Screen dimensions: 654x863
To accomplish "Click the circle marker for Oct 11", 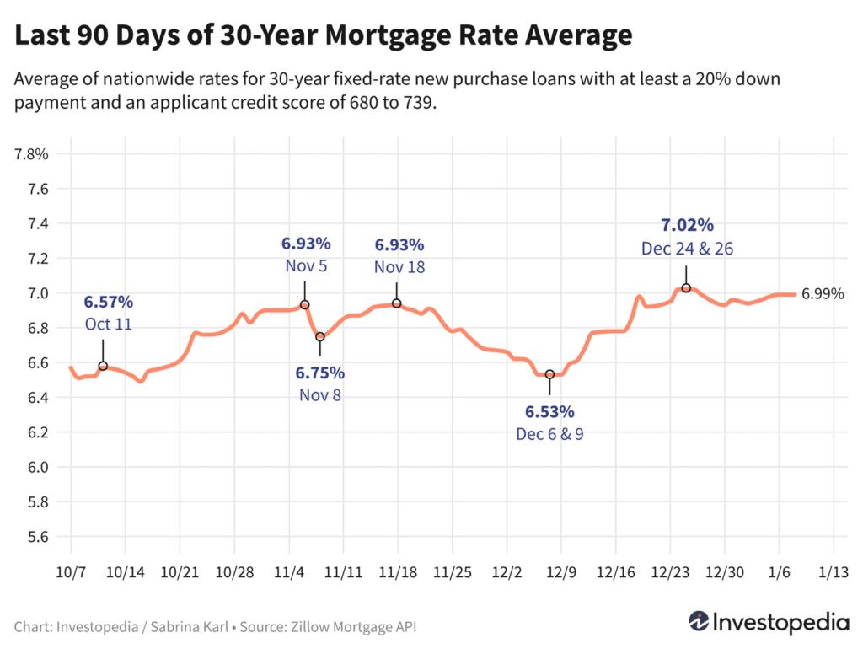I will pyautogui.click(x=103, y=366).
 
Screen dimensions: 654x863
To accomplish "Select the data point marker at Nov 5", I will pyautogui.click(x=305, y=304).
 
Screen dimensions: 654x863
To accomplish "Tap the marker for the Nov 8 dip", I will pyautogui.click(x=320, y=336).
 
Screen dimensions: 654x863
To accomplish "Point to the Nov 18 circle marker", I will pyautogui.click(x=397, y=303).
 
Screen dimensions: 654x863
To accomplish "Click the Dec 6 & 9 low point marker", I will pyautogui.click(x=549, y=374).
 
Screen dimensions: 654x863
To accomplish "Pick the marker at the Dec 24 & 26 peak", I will pyautogui.click(x=686, y=288).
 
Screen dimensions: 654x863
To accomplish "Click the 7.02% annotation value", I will pyautogui.click(x=686, y=225).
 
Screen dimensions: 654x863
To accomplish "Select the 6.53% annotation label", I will pyautogui.click(x=549, y=412).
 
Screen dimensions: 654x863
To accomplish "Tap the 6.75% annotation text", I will pyautogui.click(x=319, y=373).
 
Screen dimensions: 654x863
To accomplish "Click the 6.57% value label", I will pyautogui.click(x=108, y=303).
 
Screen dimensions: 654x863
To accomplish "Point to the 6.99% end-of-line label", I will pyautogui.click(x=822, y=294).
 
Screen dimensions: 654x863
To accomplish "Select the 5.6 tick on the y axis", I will pyautogui.click(x=37, y=537).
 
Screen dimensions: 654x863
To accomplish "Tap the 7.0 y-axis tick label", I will pyautogui.click(x=37, y=293).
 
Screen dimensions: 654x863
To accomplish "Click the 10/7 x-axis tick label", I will pyautogui.click(x=71, y=571).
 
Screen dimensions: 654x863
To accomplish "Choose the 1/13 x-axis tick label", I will pyautogui.click(x=834, y=571).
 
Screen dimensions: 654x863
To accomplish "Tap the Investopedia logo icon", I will pyautogui.click(x=698, y=621).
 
